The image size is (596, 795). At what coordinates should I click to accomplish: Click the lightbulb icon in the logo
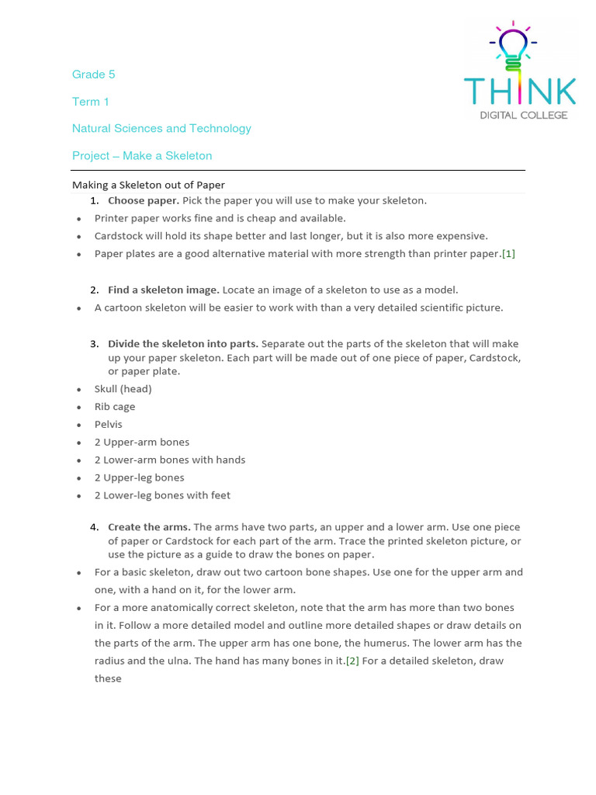pos(511,45)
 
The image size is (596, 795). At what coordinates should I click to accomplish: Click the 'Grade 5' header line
pos(93,75)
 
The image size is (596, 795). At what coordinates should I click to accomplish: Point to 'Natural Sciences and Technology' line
pos(161,129)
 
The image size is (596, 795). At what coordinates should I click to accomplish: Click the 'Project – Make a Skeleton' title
pos(142,156)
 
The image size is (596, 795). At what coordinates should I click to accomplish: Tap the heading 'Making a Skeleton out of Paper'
pos(148,185)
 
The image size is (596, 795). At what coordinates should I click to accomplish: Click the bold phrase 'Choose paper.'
pos(143,201)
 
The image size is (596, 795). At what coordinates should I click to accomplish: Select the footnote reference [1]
pos(508,254)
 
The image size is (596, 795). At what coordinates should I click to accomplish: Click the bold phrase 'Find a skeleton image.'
pos(163,290)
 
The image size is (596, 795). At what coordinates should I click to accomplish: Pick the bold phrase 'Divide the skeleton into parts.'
pos(183,344)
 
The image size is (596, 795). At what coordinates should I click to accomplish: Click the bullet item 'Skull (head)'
pos(123,389)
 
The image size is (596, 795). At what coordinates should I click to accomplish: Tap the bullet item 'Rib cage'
pos(115,407)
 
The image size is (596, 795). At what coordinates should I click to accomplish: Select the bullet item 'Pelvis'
pos(109,425)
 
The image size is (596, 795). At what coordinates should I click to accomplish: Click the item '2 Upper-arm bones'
pos(142,443)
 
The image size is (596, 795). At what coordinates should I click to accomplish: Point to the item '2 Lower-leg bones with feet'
pos(162,495)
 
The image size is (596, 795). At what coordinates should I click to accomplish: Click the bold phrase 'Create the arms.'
pos(149,527)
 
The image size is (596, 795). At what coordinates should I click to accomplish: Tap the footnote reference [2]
pos(352,661)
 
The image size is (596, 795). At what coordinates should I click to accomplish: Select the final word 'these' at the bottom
pos(108,679)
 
